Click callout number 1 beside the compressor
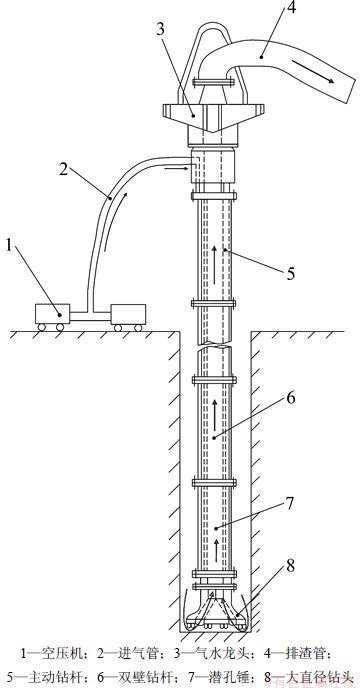point(9,245)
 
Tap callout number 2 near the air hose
point(64,169)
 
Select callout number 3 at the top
point(160,30)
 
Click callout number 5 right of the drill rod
point(290,273)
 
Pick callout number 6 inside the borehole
point(290,398)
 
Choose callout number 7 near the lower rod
point(290,503)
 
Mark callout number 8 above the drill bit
point(290,566)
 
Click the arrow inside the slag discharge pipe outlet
point(312,72)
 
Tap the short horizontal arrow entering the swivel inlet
point(176,167)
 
